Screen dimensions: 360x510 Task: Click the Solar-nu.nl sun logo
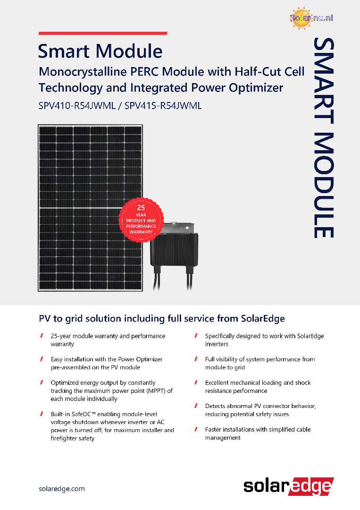pos(311,18)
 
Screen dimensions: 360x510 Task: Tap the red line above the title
pos(103,33)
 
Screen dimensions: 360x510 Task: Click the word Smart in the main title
pos(63,51)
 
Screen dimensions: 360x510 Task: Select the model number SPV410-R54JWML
pos(77,106)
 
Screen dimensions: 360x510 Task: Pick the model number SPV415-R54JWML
pos(163,106)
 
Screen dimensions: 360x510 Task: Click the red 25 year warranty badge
pos(141,220)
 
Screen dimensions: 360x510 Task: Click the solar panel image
pos(90,207)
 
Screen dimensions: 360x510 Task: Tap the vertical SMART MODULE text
pos(324,138)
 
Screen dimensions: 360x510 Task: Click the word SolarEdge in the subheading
pos(262,318)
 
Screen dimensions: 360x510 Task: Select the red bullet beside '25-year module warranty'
pos(42,336)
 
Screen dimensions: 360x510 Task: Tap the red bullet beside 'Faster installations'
pos(196,429)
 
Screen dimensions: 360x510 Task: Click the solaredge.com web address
pos(62,489)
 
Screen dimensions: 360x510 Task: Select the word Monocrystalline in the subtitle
pos(83,72)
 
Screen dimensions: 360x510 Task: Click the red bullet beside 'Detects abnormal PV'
pos(196,406)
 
